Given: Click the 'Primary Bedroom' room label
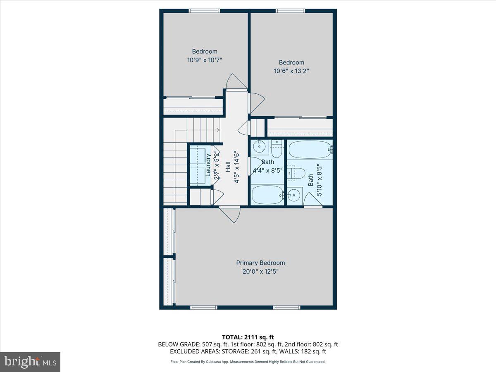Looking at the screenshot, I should pyautogui.click(x=260, y=263).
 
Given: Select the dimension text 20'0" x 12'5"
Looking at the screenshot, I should pyautogui.click(x=260, y=272).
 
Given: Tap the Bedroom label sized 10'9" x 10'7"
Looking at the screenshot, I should pyautogui.click(x=205, y=52).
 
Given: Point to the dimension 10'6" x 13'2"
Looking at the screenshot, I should pyautogui.click(x=291, y=71).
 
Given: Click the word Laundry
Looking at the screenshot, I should pyautogui.click(x=208, y=165).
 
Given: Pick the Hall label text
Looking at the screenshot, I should pyautogui.click(x=228, y=167).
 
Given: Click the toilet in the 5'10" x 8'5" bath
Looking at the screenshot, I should pyautogui.click(x=297, y=172).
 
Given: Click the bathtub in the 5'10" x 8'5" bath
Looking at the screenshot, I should pyautogui.click(x=310, y=149).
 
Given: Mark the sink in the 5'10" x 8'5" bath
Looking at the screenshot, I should pyautogui.click(x=294, y=194).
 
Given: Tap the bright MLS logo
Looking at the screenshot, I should pyautogui.click(x=30, y=362).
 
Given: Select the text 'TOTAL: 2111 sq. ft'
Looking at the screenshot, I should pyautogui.click(x=248, y=337).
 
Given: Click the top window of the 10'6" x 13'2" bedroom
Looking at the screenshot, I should pyautogui.click(x=291, y=11).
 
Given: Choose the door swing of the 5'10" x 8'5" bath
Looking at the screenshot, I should pyautogui.click(x=312, y=200).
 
